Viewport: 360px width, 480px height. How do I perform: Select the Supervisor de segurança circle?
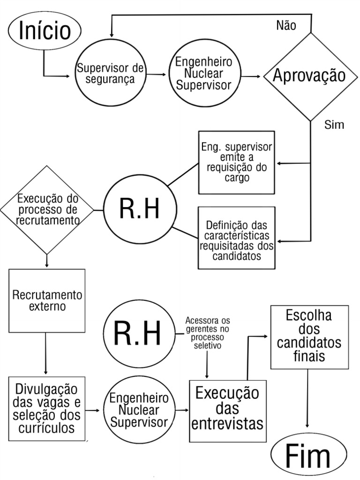[111, 75]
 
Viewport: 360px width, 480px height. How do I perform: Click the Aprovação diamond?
[310, 75]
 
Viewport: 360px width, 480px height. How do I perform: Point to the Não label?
[286, 26]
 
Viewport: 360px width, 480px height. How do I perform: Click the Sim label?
[334, 125]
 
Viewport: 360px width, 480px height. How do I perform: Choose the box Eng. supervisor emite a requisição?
[236, 162]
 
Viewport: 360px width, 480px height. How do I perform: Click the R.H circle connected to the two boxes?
[139, 209]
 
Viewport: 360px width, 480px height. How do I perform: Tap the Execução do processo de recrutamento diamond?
[47, 209]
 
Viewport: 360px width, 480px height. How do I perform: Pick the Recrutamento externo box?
[47, 300]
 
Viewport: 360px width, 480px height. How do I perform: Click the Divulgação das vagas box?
[47, 408]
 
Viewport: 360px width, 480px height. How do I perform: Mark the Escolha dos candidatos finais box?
[309, 336]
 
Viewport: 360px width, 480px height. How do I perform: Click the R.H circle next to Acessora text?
[138, 334]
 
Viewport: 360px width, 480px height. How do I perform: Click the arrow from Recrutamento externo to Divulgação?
[46, 354]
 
